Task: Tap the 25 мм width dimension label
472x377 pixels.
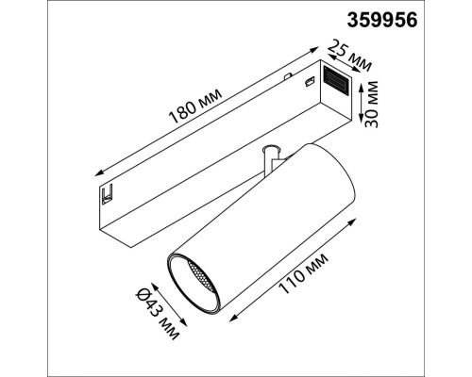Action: coord(348,55)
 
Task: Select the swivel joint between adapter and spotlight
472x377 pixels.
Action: coord(272,158)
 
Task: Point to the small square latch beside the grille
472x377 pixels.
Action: coord(308,84)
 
